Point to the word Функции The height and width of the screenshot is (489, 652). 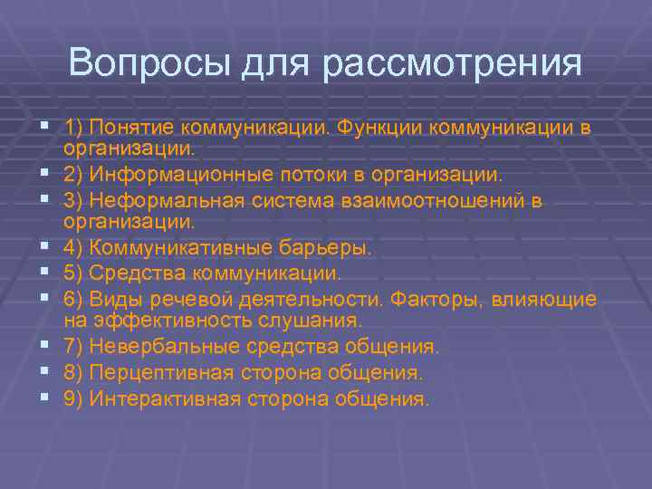click(x=378, y=128)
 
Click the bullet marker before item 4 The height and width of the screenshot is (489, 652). click(x=43, y=247)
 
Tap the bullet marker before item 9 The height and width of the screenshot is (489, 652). click(x=43, y=398)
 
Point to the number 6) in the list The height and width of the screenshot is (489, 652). click(x=73, y=299)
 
